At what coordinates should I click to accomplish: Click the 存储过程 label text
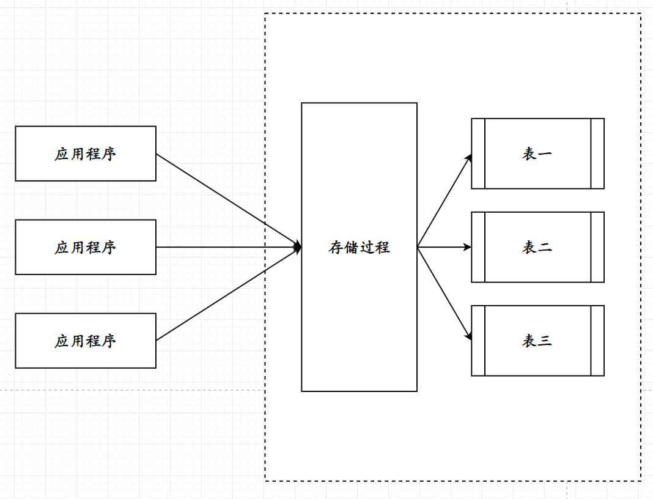coord(359,248)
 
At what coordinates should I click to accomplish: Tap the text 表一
coord(537,154)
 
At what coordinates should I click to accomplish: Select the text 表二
coord(537,248)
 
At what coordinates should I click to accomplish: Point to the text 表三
coord(537,341)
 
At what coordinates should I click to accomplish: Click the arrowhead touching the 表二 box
coord(468,248)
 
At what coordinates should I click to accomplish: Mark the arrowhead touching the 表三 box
coord(468,336)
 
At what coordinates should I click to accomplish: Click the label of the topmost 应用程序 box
coord(85,154)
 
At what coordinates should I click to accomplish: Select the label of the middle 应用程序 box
coord(85,248)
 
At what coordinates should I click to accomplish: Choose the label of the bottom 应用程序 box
coord(85,341)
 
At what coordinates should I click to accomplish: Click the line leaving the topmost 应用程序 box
coord(226,199)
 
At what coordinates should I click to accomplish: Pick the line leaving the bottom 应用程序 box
coord(226,295)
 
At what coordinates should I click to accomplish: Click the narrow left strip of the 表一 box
coord(478,153)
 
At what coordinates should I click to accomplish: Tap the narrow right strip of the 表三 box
coord(597,341)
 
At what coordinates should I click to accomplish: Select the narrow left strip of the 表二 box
coord(478,247)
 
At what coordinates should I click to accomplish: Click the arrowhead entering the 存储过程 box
coord(298,248)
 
